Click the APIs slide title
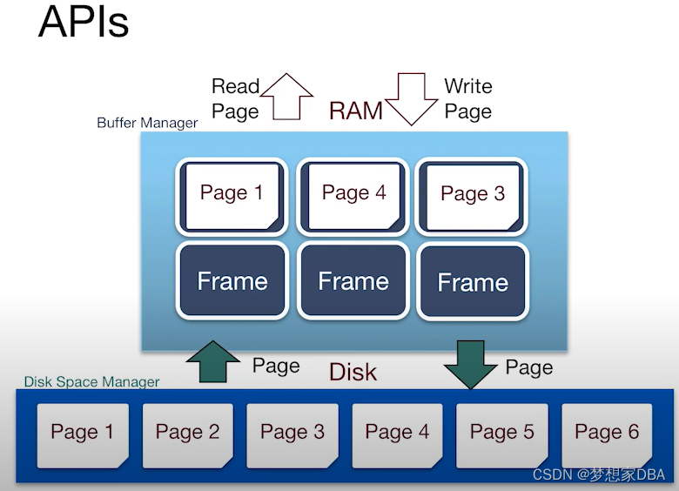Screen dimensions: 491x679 [84, 24]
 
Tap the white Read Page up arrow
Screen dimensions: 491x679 [287, 96]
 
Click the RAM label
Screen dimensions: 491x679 [356, 111]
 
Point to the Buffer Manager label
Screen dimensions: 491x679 [147, 123]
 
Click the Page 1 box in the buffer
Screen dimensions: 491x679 [232, 196]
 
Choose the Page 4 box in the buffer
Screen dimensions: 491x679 [353, 196]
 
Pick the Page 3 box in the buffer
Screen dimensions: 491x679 [472, 196]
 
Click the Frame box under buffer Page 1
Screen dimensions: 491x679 [232, 280]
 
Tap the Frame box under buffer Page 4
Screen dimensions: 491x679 [353, 280]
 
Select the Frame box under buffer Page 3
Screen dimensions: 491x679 [472, 281]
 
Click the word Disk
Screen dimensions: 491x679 [353, 373]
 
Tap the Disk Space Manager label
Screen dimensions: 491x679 [91, 381]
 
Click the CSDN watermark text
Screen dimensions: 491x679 [599, 475]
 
